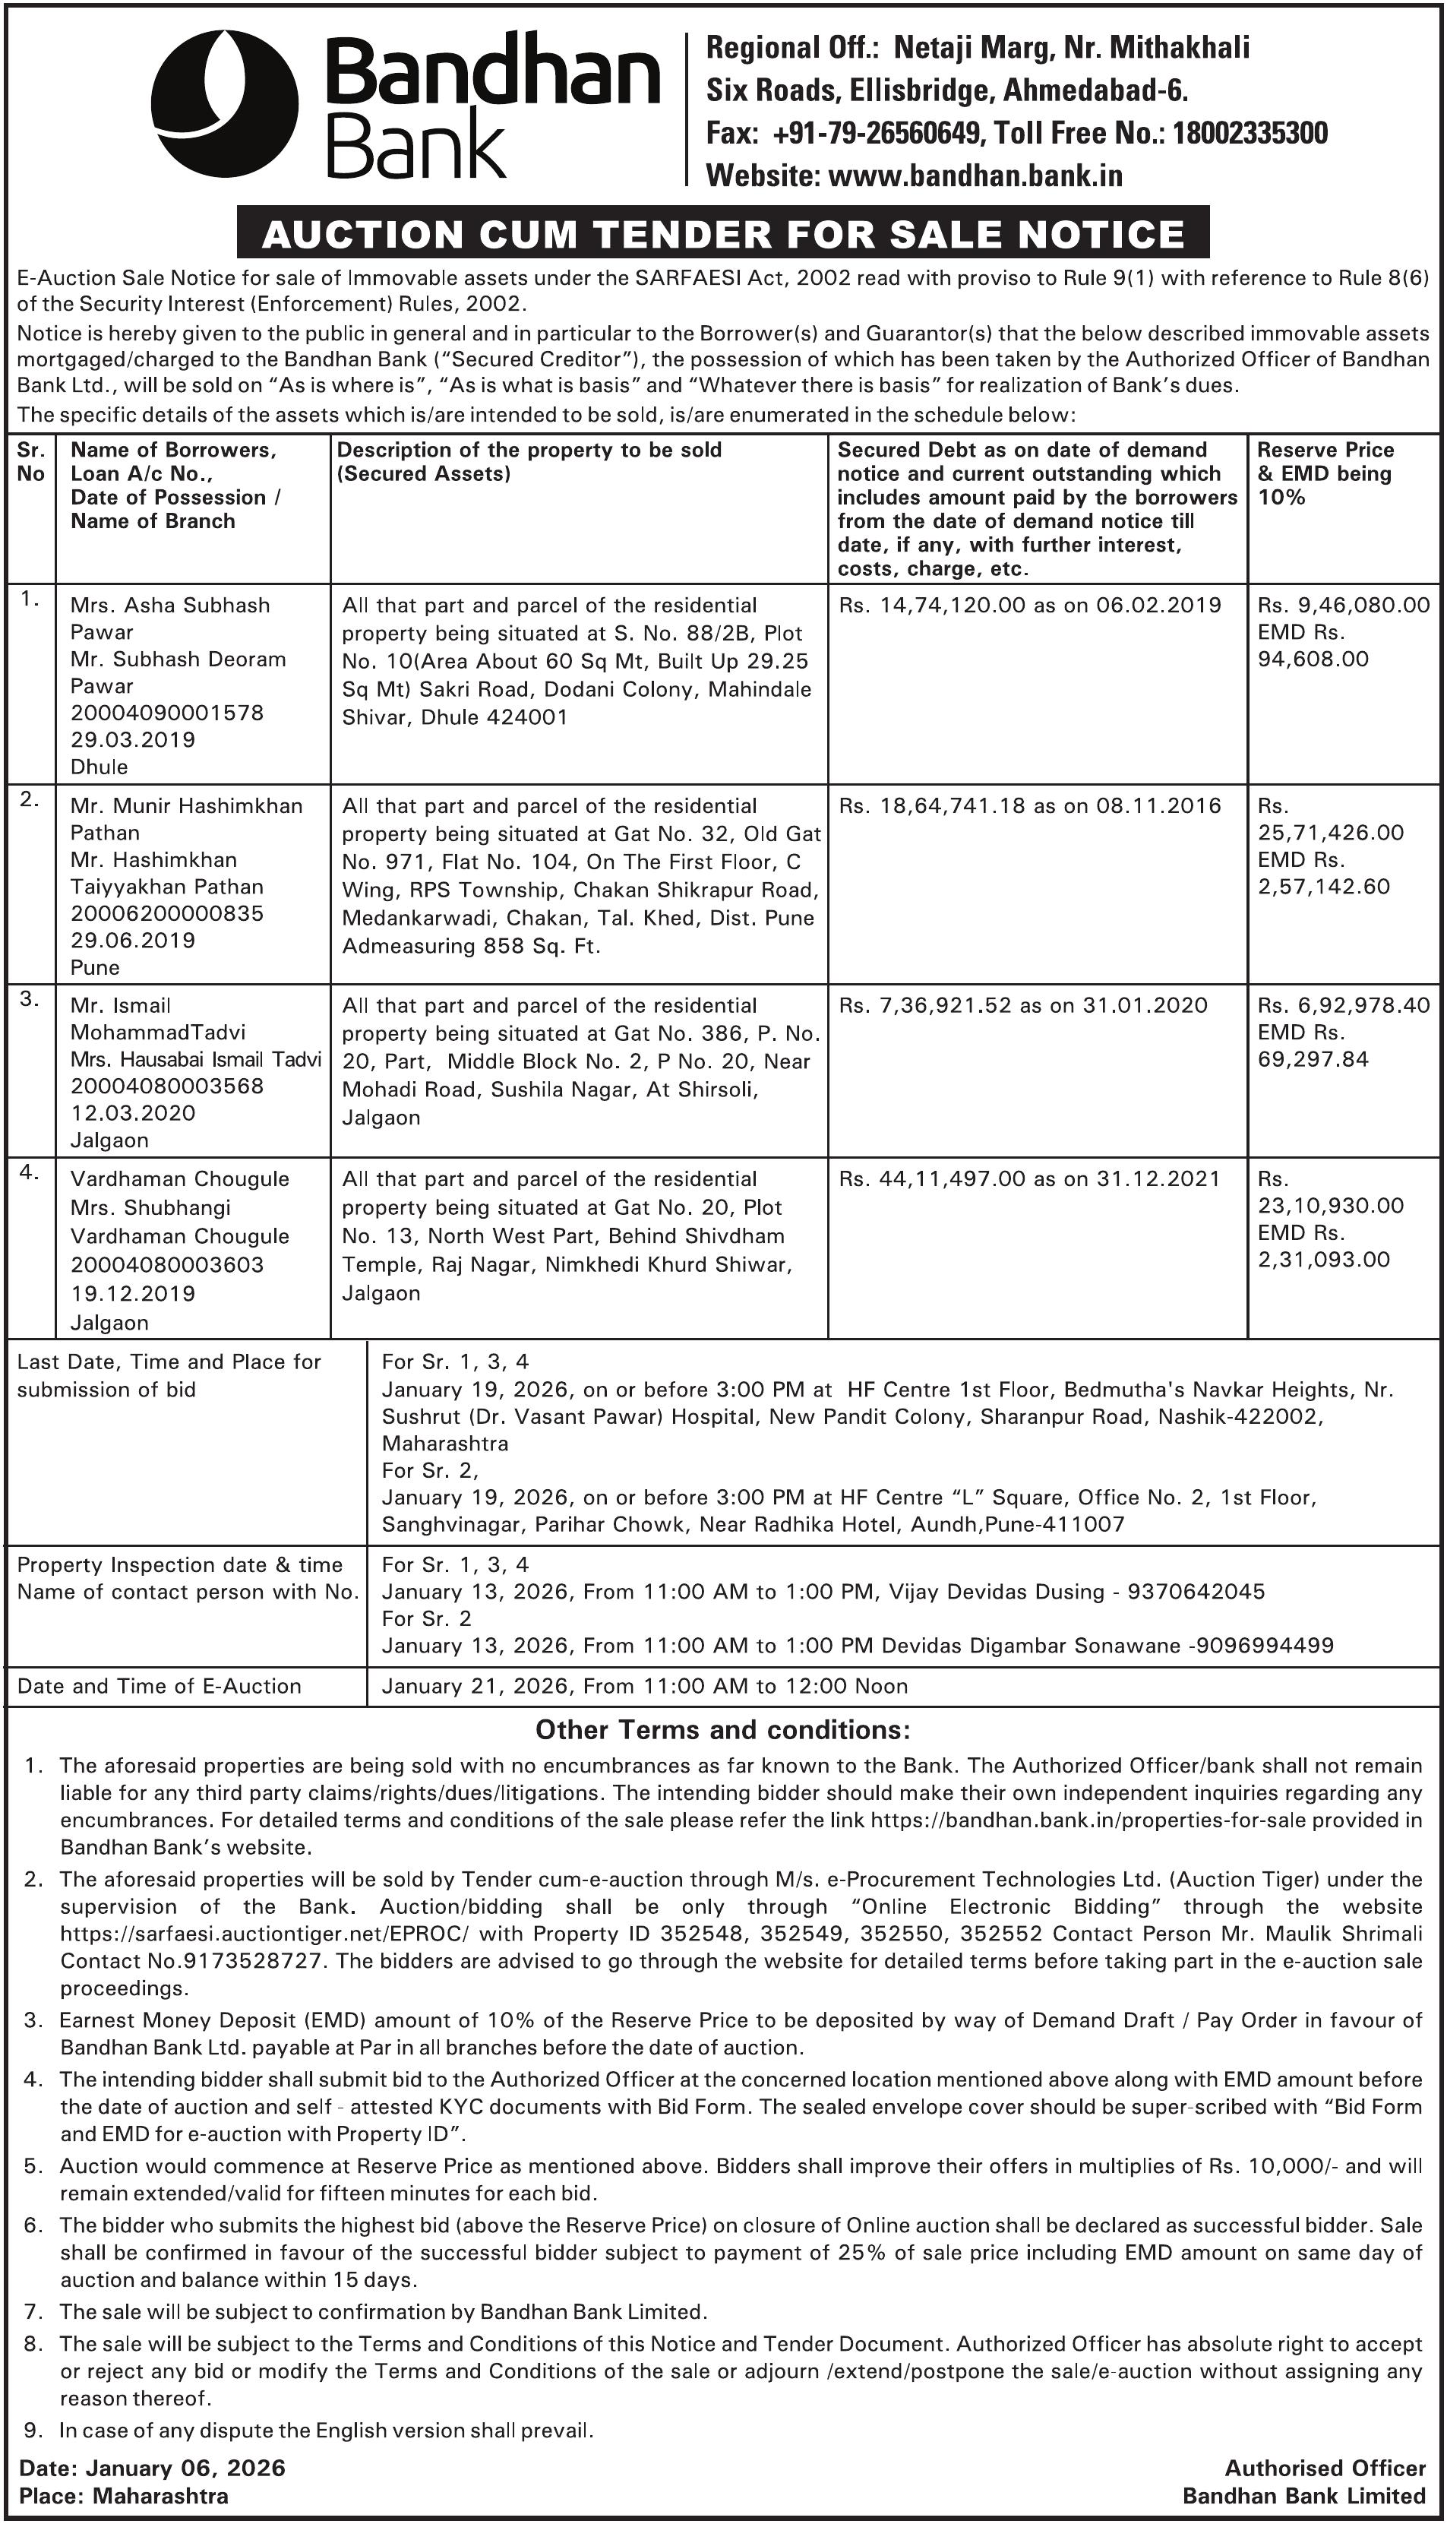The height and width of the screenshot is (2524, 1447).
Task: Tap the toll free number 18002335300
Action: (1250, 132)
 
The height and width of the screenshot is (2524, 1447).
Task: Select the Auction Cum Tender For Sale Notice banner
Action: (722, 233)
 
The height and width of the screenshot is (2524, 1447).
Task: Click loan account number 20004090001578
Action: (167, 713)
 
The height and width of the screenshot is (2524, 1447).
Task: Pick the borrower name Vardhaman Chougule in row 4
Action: (180, 1179)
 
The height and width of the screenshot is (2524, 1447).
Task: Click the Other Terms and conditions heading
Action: (722, 1730)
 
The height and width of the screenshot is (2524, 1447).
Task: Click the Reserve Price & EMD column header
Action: (1325, 473)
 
